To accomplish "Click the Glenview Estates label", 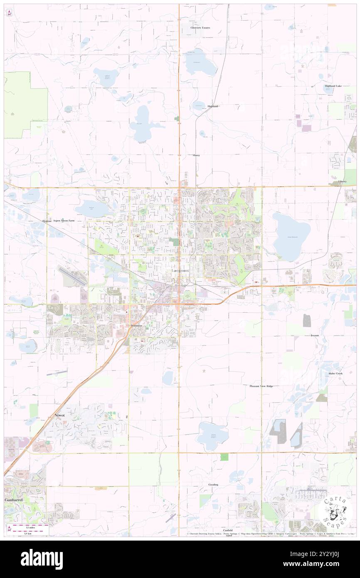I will tap(200, 28).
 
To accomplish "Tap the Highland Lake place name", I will tap(333, 86).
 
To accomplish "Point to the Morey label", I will tap(196, 155).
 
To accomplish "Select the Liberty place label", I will tap(342, 181).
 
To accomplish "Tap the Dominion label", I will tap(136, 325).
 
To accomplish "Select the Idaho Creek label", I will tap(335, 373).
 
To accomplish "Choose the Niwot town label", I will tap(60, 415).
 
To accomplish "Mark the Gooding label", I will tap(213, 485).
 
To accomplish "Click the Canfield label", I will tap(227, 531).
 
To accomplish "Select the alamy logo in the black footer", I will tap(42, 559).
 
